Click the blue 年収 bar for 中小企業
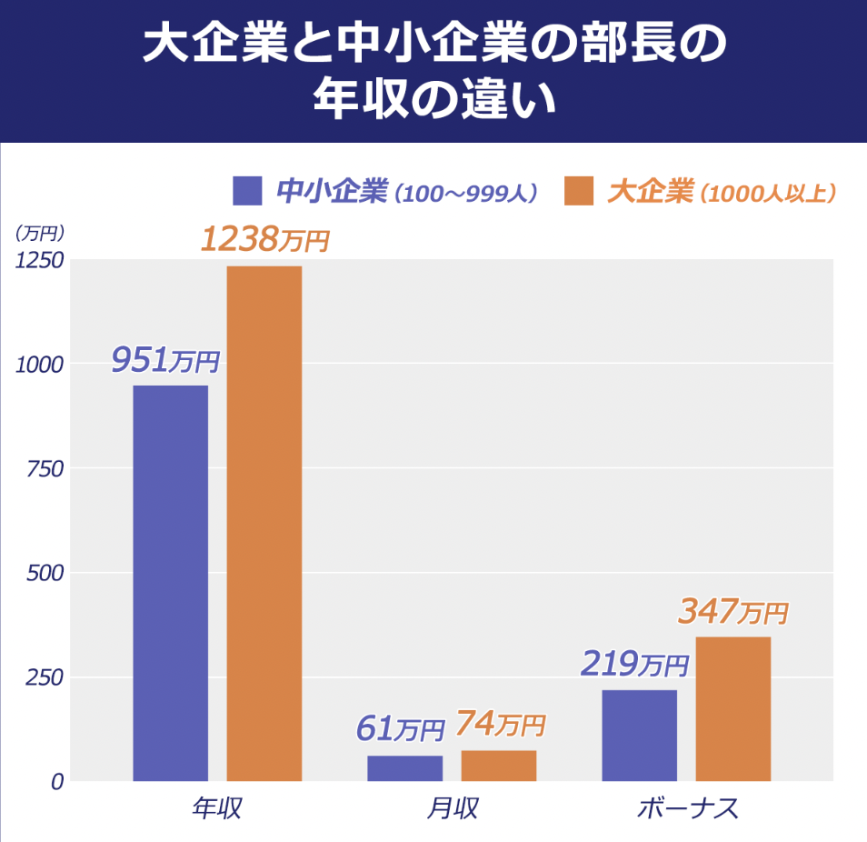pyautogui.click(x=171, y=583)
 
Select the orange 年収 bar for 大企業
pyautogui.click(x=264, y=523)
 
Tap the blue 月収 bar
pyautogui.click(x=404, y=768)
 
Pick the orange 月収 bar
pyautogui.click(x=498, y=766)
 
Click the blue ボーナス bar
pyautogui.click(x=639, y=735)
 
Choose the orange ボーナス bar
pyautogui.click(x=732, y=708)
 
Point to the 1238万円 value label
pyautogui.click(x=264, y=240)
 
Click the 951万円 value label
pyautogui.click(x=165, y=360)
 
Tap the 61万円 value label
pyautogui.click(x=400, y=727)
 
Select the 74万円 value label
pyautogui.click(x=500, y=724)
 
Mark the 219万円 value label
pyautogui.click(x=634, y=665)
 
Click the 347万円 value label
pyautogui.click(x=732, y=612)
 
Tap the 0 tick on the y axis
pyautogui.click(x=57, y=781)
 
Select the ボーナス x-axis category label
pyautogui.click(x=687, y=808)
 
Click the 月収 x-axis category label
pyautogui.click(x=452, y=808)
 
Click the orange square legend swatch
pyautogui.click(x=579, y=191)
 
